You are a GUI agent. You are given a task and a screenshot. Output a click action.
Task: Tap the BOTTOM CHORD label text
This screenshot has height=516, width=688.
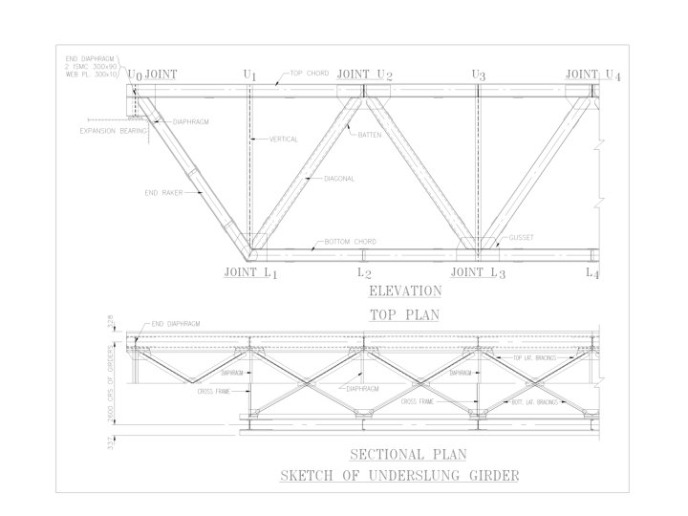pos(350,241)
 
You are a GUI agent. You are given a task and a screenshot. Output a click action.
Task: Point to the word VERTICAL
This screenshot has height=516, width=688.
pos(283,140)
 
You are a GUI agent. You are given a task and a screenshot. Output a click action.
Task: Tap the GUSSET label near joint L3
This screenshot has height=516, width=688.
pos(521,237)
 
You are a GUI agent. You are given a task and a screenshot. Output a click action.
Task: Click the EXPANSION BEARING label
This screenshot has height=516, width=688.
pos(114,132)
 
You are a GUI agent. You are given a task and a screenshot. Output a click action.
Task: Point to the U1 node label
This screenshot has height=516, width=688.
pos(250,75)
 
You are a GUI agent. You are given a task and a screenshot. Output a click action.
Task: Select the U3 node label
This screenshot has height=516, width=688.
pos(479,75)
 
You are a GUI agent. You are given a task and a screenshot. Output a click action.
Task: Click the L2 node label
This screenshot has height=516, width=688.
pos(364,272)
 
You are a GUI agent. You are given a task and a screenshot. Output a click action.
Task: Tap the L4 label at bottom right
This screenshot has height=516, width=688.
pos(592,273)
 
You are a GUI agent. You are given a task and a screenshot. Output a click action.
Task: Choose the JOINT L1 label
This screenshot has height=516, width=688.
pos(249,272)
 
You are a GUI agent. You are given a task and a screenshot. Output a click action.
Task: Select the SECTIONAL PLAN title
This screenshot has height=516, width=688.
pos(395,454)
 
